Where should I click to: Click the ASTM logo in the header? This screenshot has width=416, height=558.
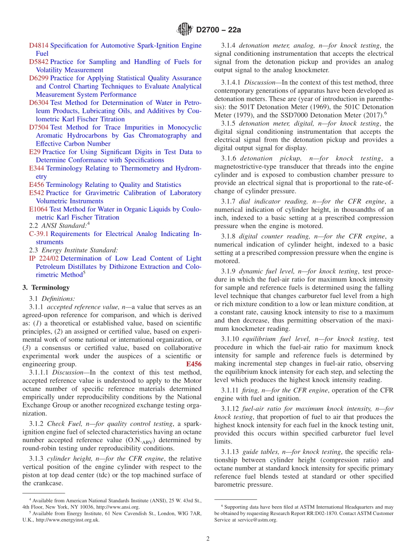184,29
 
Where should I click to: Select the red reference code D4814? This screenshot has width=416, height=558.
39,46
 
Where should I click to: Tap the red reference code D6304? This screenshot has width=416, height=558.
39,103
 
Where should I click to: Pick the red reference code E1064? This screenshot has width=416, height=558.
38,209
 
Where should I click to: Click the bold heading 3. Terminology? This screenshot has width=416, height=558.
46,288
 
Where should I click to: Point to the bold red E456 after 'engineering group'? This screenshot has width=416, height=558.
194,365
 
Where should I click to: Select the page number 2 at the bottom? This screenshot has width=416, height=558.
208,539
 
